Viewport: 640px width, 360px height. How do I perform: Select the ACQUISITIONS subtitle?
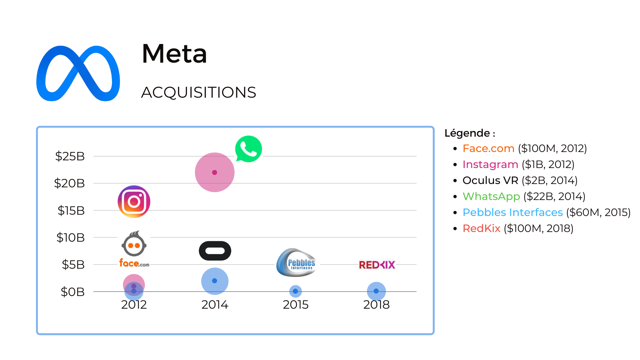199,92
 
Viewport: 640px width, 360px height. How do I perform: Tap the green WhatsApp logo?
248,149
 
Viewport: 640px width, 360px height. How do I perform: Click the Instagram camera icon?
134,202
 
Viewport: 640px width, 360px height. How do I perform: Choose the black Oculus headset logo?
215,251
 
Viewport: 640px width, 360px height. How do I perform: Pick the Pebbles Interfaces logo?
296,263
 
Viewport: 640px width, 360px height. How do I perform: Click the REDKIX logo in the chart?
377,265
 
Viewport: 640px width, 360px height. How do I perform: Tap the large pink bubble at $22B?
215,172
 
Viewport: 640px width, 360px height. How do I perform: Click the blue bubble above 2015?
295,291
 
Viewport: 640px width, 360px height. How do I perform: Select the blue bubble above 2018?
376,291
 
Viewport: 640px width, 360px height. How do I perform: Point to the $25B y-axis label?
70,156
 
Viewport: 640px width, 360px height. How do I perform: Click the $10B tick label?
70,238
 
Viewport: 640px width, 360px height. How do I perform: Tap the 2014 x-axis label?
215,305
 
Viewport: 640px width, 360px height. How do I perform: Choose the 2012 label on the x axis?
134,305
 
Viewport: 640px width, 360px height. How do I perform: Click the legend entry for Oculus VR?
520,180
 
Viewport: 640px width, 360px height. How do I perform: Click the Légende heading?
470,133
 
